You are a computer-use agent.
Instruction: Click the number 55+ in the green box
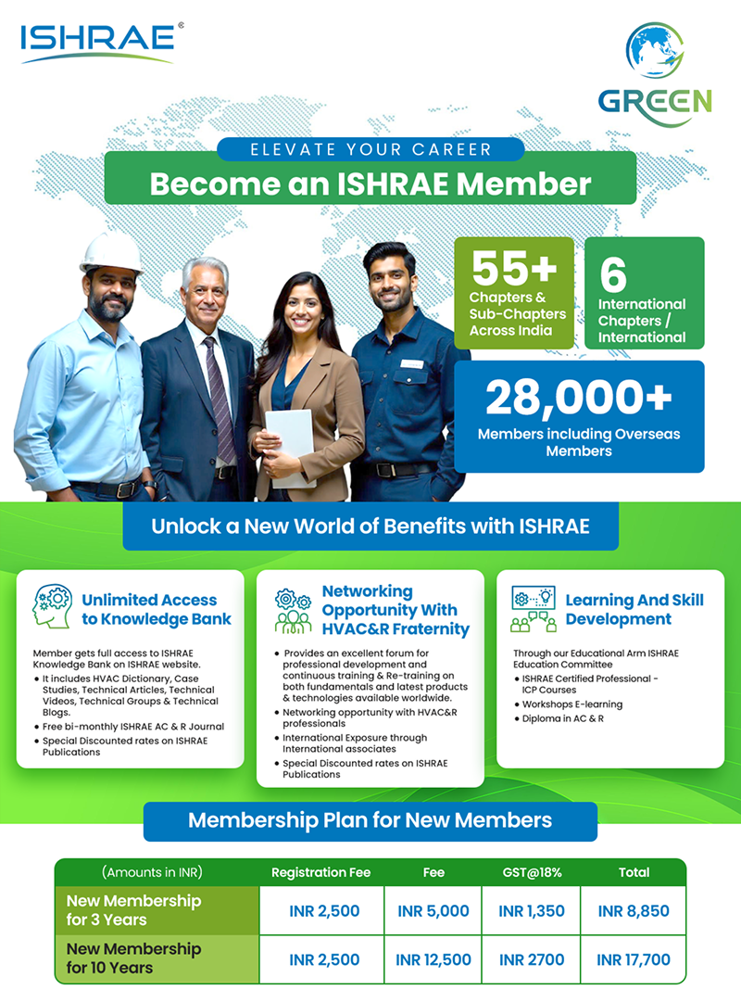[x=513, y=267]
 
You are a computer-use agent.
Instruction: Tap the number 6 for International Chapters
[x=613, y=275]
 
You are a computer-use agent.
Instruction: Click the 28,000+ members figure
[x=578, y=399]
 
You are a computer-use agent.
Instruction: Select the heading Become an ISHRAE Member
[x=370, y=183]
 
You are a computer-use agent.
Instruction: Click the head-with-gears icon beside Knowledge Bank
[x=52, y=607]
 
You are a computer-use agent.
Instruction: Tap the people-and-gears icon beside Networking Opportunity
[x=294, y=610]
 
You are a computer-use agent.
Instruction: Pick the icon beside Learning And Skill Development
[x=533, y=609]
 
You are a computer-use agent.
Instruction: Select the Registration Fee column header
[x=320, y=872]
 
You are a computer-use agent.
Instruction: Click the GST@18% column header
[x=531, y=872]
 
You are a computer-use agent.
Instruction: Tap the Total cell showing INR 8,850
[x=634, y=911]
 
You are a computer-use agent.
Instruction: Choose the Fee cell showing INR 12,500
[x=433, y=959]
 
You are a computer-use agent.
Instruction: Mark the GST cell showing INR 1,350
[x=531, y=911]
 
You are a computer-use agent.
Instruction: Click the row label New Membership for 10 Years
[x=134, y=958]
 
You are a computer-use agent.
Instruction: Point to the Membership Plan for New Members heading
[x=370, y=820]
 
